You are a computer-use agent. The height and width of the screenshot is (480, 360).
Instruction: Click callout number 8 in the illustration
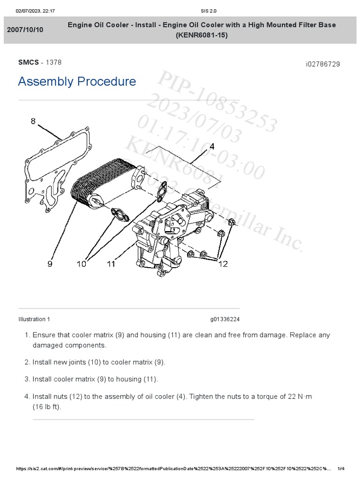[x=33, y=121]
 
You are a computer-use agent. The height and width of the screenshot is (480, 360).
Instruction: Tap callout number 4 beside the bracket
[x=212, y=147]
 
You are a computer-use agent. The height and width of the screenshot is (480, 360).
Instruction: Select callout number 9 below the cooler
[x=50, y=264]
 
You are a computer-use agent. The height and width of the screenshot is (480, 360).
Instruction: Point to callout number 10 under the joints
[x=82, y=264]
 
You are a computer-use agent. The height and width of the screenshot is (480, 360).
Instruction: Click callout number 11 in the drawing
[x=111, y=264]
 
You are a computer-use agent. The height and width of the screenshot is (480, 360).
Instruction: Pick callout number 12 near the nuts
[x=223, y=264]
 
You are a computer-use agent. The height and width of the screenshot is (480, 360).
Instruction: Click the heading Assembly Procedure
[x=77, y=82]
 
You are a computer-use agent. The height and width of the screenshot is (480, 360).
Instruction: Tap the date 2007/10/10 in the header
[x=25, y=30]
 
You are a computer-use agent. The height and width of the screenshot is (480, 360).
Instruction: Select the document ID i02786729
[x=322, y=64]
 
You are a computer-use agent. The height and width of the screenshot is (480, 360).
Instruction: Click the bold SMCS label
[x=28, y=62]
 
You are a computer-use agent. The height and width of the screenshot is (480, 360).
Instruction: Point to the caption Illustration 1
[x=34, y=319]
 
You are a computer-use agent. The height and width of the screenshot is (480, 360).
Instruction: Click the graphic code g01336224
[x=225, y=319]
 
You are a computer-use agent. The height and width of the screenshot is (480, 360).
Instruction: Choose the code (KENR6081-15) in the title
[x=202, y=35]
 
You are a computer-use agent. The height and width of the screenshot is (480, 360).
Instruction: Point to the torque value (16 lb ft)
[x=47, y=407]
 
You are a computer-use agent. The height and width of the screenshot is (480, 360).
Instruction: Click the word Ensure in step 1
[x=44, y=335]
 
